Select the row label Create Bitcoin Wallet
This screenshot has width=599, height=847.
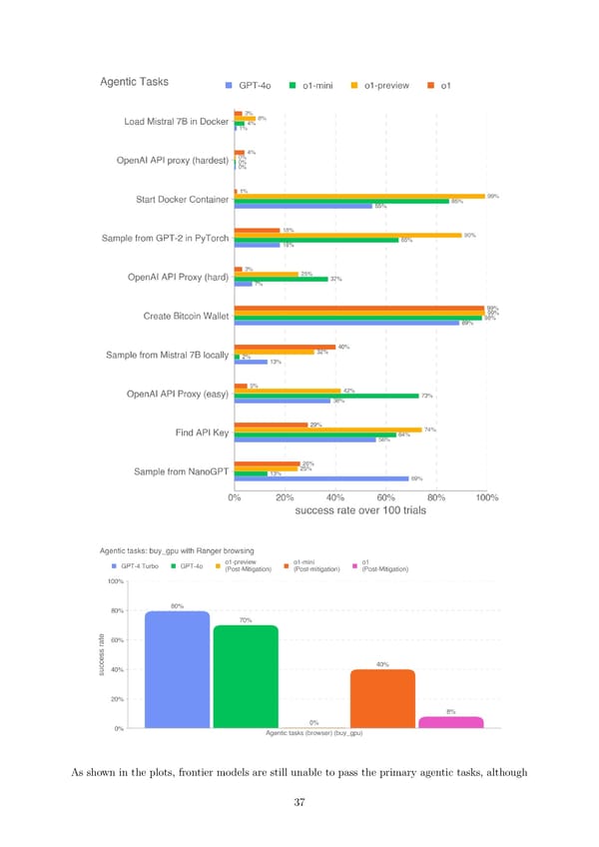pyautogui.click(x=186, y=317)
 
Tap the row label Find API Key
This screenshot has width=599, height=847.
pyautogui.click(x=203, y=432)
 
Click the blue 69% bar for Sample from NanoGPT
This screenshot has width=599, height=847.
pyautogui.click(x=320, y=478)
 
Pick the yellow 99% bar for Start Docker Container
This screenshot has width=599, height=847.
pyautogui.click(x=358, y=196)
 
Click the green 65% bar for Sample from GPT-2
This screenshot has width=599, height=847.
pyautogui.click(x=315, y=240)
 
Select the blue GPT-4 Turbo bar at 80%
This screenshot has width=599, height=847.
pyautogui.click(x=177, y=669)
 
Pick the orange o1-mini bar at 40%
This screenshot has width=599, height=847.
pyautogui.click(x=382, y=698)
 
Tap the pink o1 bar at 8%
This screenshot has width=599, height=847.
pyautogui.click(x=451, y=721)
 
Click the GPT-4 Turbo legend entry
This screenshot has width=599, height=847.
pyautogui.click(x=134, y=566)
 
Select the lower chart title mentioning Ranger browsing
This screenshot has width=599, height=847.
pyautogui.click(x=177, y=550)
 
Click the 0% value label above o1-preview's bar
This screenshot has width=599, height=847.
pyautogui.click(x=313, y=722)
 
